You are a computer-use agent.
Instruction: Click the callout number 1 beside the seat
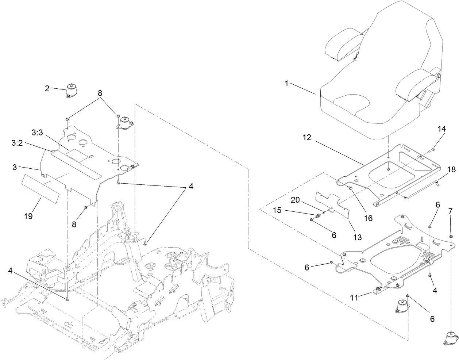[x=287, y=84]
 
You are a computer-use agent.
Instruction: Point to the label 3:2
[x=17, y=143]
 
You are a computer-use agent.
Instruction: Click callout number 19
[x=28, y=216]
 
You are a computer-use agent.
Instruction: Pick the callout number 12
[x=306, y=138]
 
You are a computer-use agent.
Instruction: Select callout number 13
[x=357, y=237]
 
